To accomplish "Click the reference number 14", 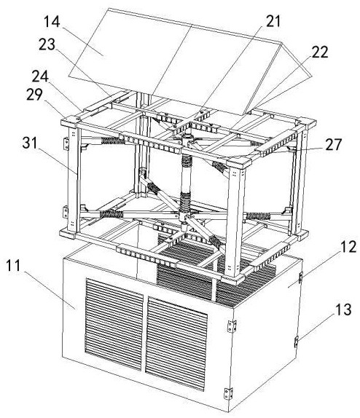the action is pyautogui.click(x=52, y=21).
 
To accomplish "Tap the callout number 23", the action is pyautogui.click(x=47, y=44).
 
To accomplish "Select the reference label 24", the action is pyautogui.click(x=40, y=76).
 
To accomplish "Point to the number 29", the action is pyautogui.click(x=34, y=95).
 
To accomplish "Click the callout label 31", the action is pyautogui.click(x=31, y=143).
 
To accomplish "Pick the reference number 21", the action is pyautogui.click(x=273, y=21).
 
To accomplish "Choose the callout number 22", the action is pyautogui.click(x=320, y=52).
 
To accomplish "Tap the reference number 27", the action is pyautogui.click(x=333, y=144).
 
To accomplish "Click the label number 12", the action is pyautogui.click(x=348, y=247).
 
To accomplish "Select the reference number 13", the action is pyautogui.click(x=343, y=309).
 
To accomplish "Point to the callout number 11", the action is pyautogui.click(x=13, y=265).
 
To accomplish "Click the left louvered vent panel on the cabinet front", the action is pyautogui.click(x=114, y=325).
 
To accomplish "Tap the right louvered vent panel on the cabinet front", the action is pyautogui.click(x=176, y=344).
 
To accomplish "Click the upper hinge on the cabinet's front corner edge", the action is pyautogui.click(x=232, y=326).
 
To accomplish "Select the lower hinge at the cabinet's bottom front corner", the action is pyautogui.click(x=228, y=393).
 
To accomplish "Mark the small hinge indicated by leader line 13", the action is pyautogui.click(x=296, y=342).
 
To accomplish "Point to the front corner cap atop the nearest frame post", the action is pyautogui.click(x=239, y=162).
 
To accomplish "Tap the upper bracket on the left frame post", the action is pyautogui.click(x=66, y=143).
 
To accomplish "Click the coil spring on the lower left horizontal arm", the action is pyautogui.click(x=111, y=214).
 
